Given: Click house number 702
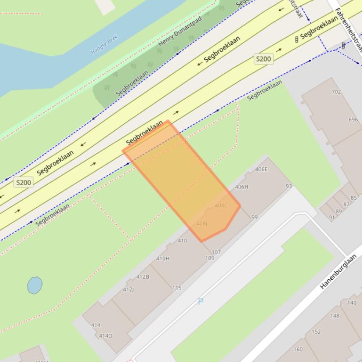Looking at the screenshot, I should pos(336,92).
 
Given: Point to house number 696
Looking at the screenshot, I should pos(353,119).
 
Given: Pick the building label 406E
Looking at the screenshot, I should pos(261,169).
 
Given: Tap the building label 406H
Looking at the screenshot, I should pos(241,187).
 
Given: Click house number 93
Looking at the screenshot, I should pos(289,186).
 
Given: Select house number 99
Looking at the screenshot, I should pos(255,217).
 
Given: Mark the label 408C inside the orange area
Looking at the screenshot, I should pos(221,205).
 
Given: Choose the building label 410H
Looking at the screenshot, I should pos(162,259).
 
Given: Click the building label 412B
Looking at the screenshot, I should pos(143,276).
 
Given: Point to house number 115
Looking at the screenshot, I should pos(177,288).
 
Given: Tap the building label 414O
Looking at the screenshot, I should pos(105,336).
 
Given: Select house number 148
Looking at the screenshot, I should pos(335,315).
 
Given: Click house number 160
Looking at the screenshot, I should pos(298,349).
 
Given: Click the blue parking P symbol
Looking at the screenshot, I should pos(201,301).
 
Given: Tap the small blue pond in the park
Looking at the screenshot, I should pos(34,285).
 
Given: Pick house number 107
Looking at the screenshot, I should pos(216,252).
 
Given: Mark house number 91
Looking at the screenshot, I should pos(332,217).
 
